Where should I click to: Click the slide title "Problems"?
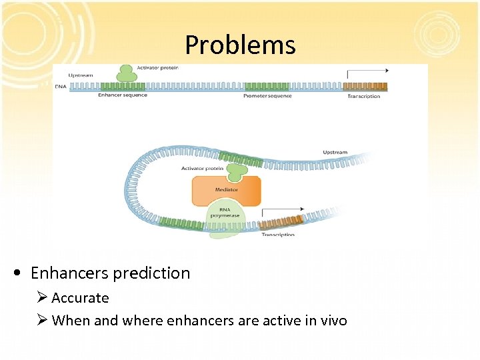[x=240, y=45]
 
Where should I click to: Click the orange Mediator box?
[x=227, y=191]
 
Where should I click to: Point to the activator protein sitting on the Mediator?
[x=235, y=171]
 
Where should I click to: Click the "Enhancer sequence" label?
[x=123, y=95]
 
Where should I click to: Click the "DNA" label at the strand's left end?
[x=60, y=86]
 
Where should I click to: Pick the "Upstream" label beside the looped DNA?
[x=335, y=152]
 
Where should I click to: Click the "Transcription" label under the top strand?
[x=363, y=96]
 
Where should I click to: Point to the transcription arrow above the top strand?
[x=367, y=70]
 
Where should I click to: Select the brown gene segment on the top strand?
[x=365, y=86]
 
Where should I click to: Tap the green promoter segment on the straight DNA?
[x=267, y=86]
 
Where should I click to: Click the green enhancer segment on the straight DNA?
[x=123, y=86]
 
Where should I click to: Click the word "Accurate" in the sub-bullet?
[x=80, y=298]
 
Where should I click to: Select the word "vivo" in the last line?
[x=331, y=321]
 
